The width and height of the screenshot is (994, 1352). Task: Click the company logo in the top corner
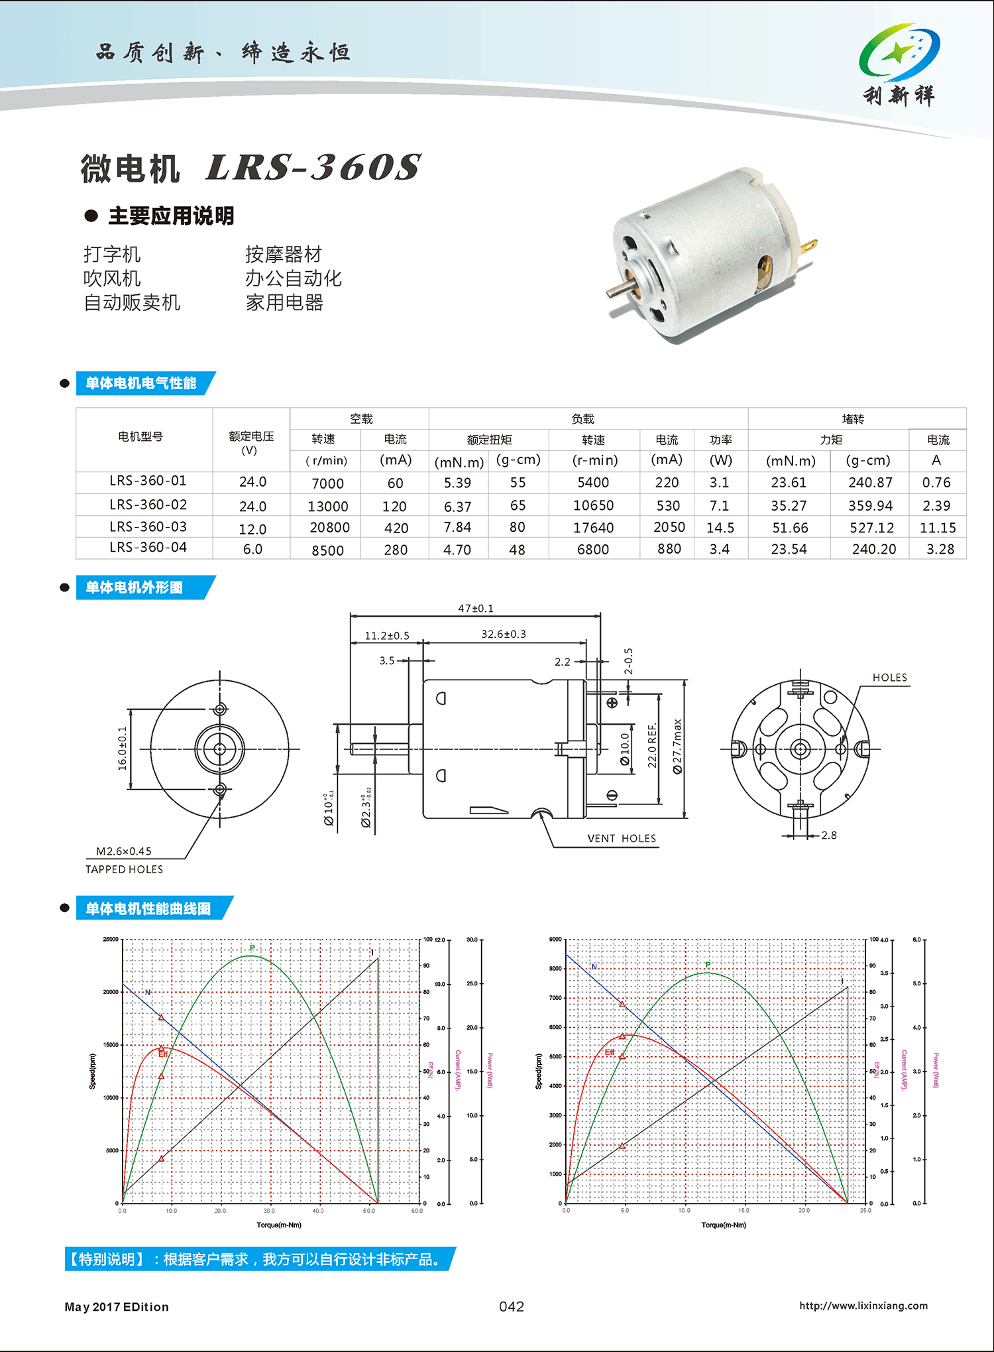click(899, 64)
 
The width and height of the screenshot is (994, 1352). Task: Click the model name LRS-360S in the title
click(313, 167)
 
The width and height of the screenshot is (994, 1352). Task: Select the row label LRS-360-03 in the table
click(148, 526)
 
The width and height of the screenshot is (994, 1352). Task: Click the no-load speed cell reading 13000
click(327, 507)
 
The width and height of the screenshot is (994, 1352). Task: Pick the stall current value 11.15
click(938, 528)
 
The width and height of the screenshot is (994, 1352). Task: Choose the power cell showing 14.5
click(720, 528)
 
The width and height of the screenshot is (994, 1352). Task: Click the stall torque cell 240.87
click(870, 483)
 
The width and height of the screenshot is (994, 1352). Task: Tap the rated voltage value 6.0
click(252, 549)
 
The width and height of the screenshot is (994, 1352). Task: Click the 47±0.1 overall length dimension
click(476, 608)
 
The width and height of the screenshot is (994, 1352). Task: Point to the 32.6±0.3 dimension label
click(504, 634)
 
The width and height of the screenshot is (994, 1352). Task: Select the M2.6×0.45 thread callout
click(124, 851)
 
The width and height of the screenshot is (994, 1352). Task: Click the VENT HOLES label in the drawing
click(622, 838)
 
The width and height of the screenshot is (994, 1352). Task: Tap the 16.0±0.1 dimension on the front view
click(123, 748)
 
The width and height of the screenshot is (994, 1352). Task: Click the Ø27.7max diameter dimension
click(677, 746)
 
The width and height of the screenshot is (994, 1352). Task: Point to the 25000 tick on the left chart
click(111, 939)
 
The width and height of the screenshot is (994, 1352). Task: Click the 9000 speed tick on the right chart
click(555, 939)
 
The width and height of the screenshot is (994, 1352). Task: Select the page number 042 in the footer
click(512, 1306)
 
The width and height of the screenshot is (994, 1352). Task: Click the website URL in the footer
click(863, 1306)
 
